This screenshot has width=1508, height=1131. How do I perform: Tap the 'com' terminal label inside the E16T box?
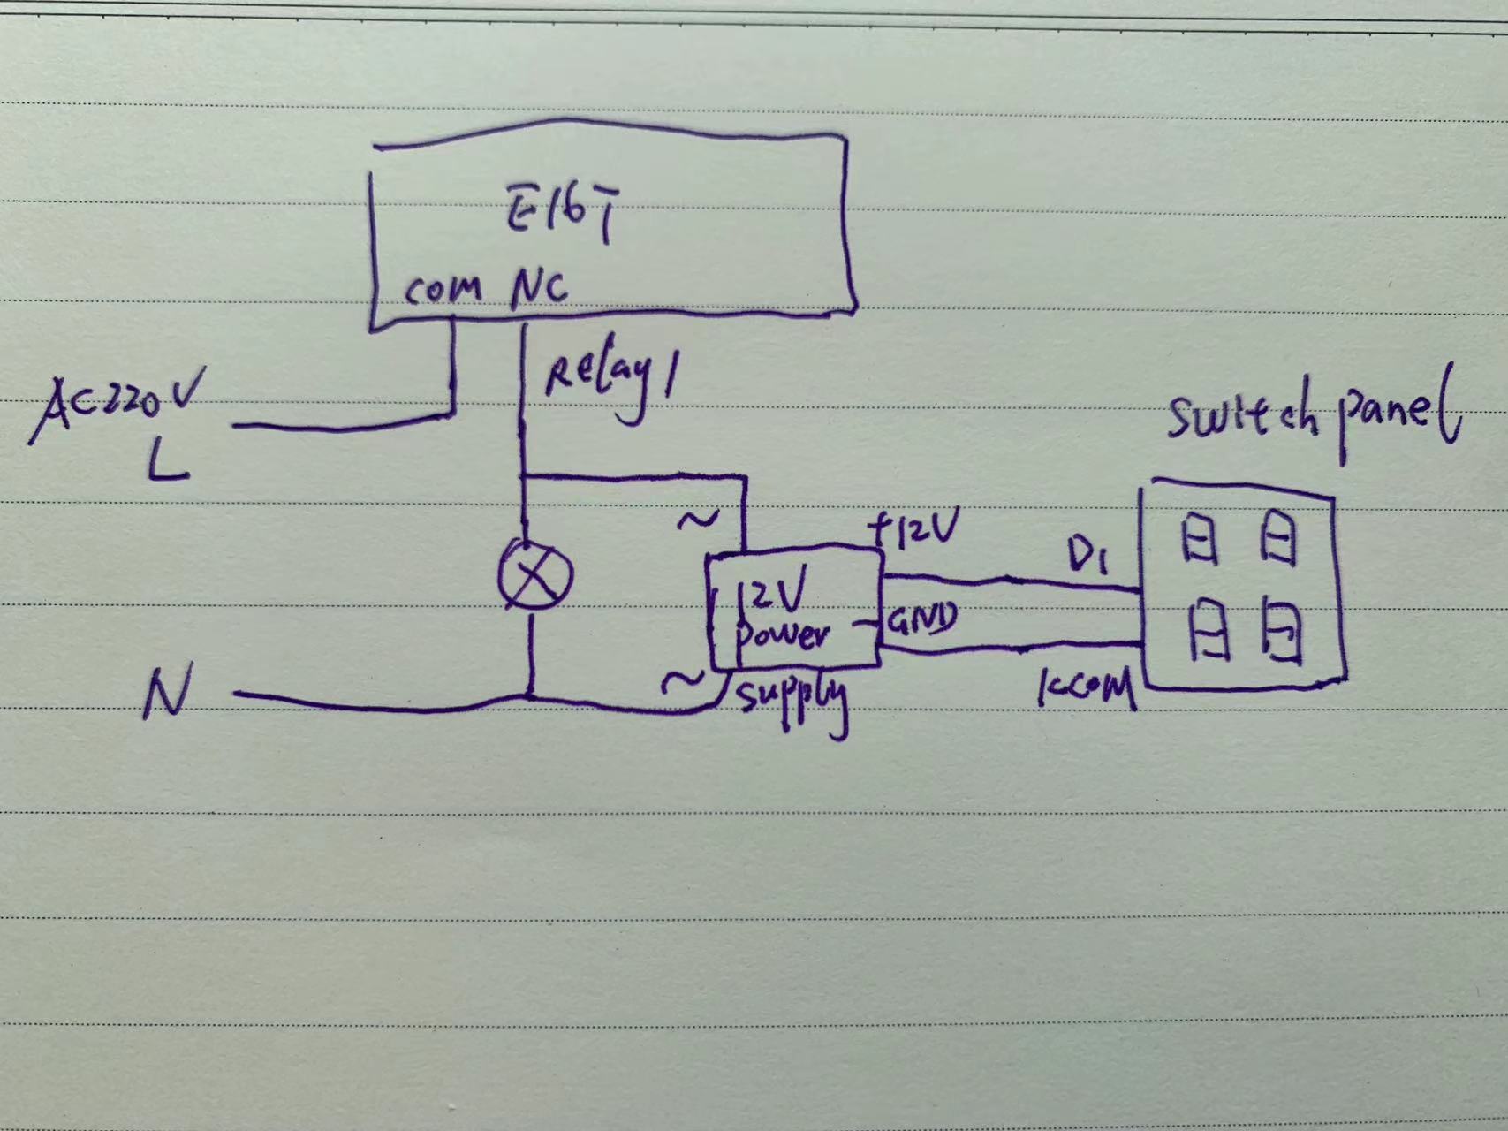tap(443, 290)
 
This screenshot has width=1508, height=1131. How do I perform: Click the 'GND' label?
tap(921, 620)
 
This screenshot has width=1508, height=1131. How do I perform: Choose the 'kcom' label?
tap(1087, 688)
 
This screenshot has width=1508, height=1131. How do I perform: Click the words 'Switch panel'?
tap(1312, 415)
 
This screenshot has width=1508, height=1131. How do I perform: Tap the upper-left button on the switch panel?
tap(1200, 538)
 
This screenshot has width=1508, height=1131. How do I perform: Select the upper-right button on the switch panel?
tap(1277, 538)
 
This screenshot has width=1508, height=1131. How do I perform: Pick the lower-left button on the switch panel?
tap(1208, 629)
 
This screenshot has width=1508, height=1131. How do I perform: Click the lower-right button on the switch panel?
tap(1282, 630)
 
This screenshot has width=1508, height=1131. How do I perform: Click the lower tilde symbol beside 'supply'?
tap(683, 681)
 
